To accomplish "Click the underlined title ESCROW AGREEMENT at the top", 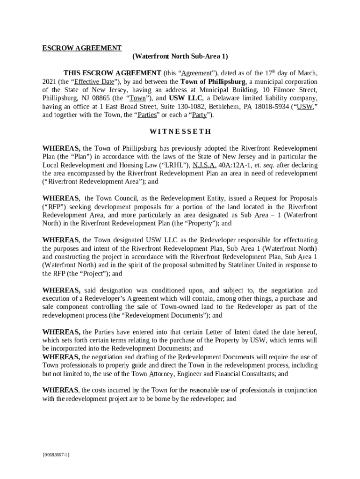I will click(x=82, y=48).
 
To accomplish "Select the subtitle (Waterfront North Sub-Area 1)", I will click(x=180, y=57).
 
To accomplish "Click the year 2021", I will click(x=50, y=81).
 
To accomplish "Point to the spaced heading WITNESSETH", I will click(x=180, y=131).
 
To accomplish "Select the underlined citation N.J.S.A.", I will click(x=204, y=165).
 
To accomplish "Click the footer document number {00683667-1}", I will click(x=56, y=454).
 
